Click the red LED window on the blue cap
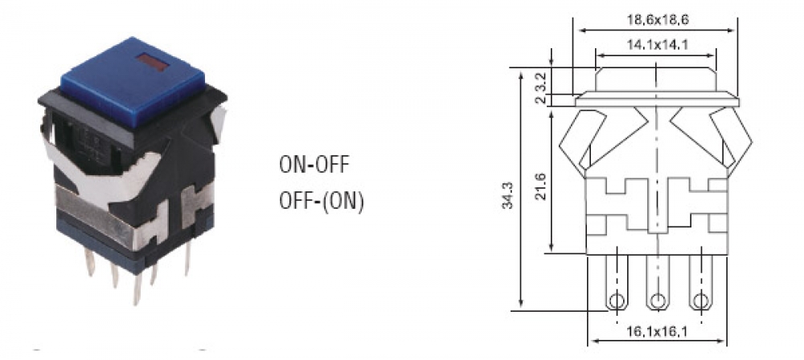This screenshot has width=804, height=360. pos(153,63)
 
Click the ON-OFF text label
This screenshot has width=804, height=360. pos(314,165)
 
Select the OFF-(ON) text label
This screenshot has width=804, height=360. pos(322,201)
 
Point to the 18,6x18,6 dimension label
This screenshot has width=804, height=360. pos(658,19)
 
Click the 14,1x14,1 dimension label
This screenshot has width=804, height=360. pos(657,45)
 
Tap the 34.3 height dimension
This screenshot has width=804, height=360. pos(507,194)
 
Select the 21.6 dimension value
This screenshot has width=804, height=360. pos(540,186)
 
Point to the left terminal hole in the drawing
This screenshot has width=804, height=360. pos(617,301)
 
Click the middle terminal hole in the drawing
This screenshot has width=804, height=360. pos(657,301)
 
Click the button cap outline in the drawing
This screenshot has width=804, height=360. pos(656,80)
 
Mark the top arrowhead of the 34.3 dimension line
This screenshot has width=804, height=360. pos(521,73)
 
